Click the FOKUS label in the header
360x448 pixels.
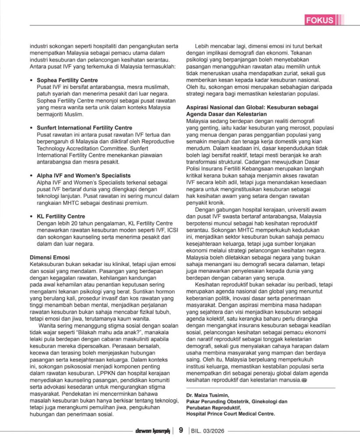click(x=320, y=20)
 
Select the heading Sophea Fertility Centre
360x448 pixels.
click(x=67, y=80)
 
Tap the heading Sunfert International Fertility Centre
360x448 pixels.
click(x=84, y=128)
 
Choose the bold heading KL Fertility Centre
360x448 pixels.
click(x=61, y=216)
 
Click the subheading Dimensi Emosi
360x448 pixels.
click(x=49, y=257)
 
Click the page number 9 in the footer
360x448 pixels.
click(x=180, y=430)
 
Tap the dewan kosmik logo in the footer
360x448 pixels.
click(x=152, y=431)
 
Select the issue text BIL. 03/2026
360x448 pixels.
click(x=208, y=431)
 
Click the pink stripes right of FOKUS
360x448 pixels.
click(x=341, y=20)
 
